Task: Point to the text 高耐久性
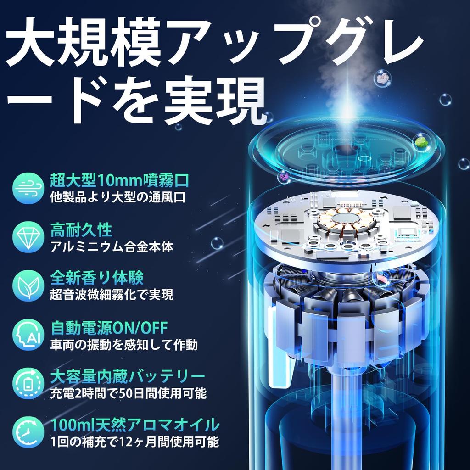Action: click(x=81, y=229)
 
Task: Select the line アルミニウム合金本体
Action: click(x=112, y=246)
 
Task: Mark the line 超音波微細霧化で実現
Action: click(x=112, y=295)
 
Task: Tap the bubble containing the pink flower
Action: click(x=382, y=79)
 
